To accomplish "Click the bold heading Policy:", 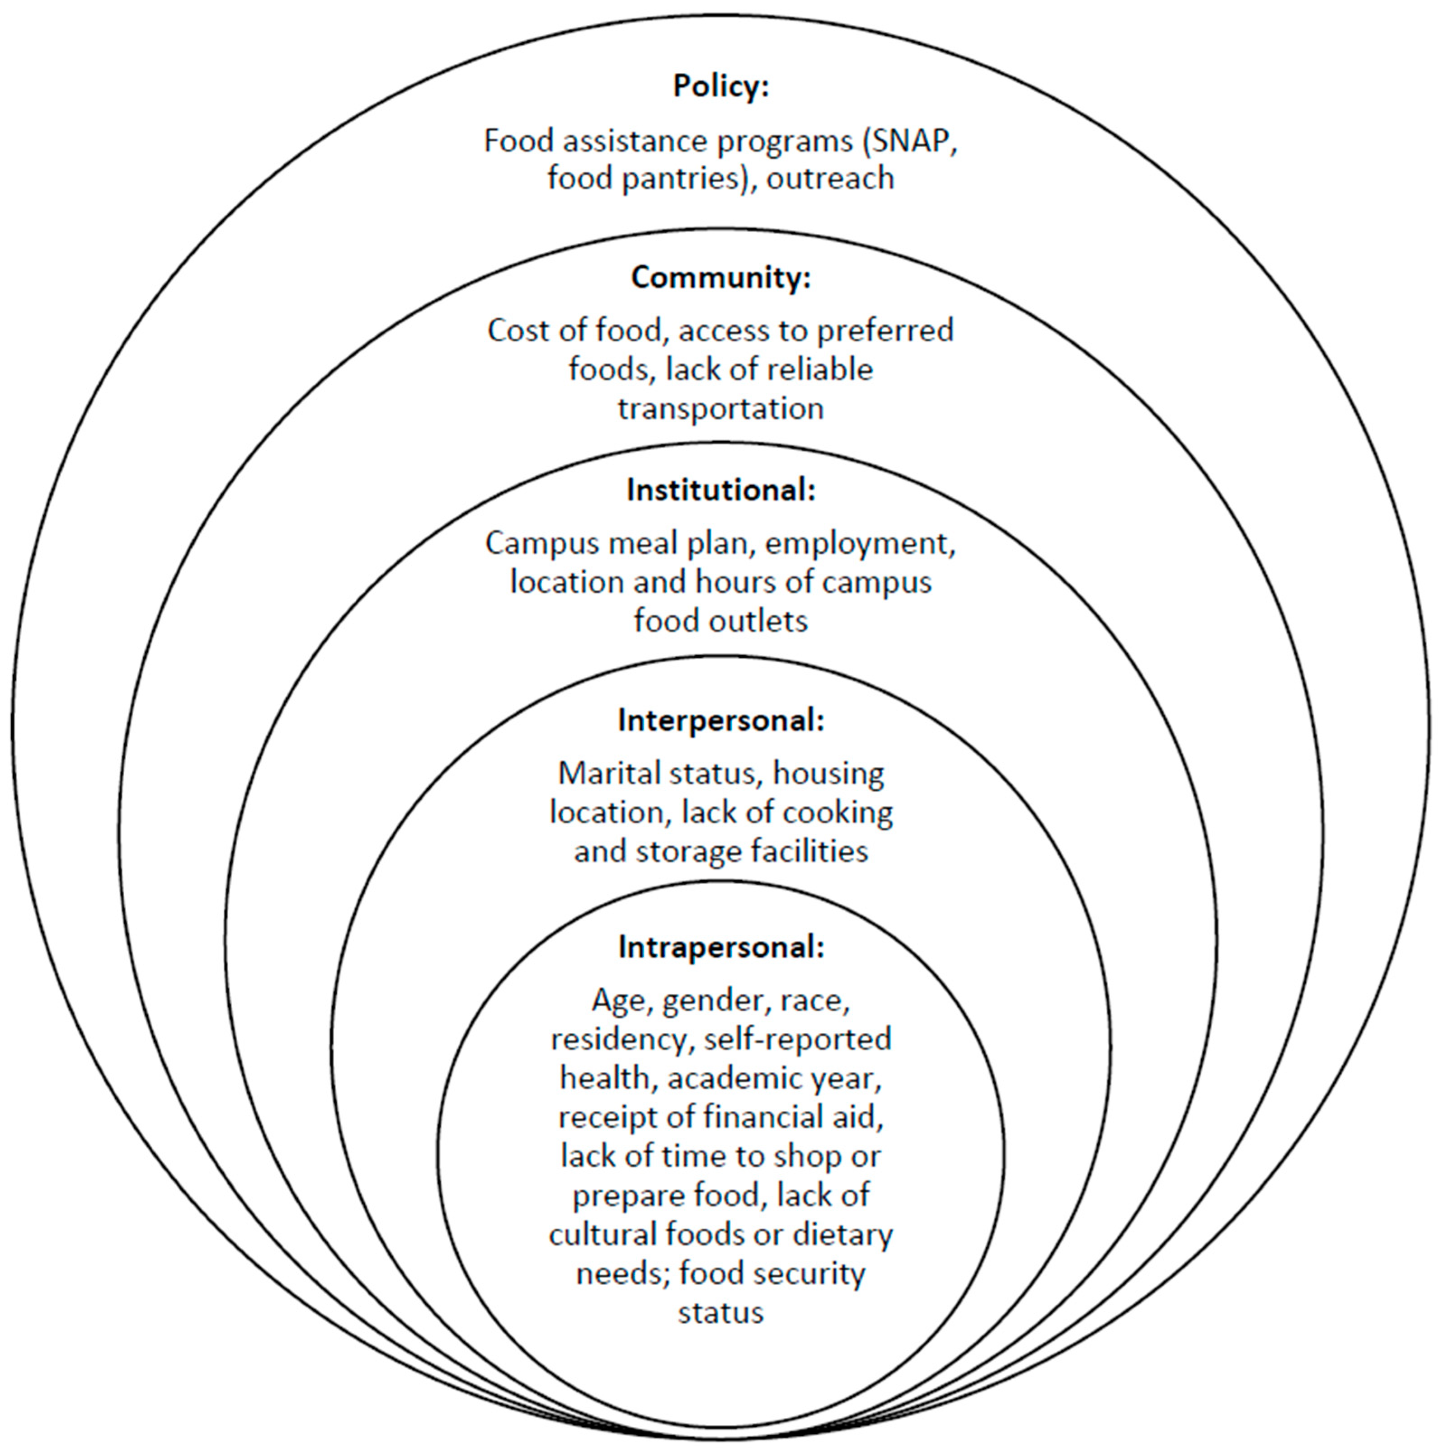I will (721, 87).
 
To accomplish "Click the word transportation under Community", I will (721, 409).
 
